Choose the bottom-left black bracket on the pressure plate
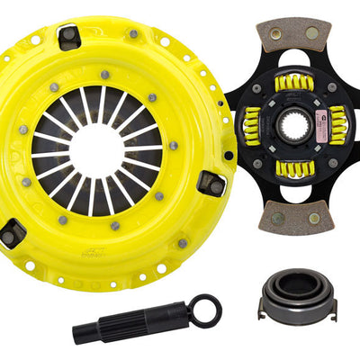tap(14, 233)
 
